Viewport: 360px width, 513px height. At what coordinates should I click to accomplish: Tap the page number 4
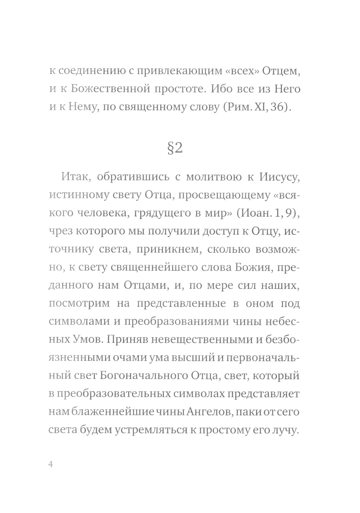point(50,464)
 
